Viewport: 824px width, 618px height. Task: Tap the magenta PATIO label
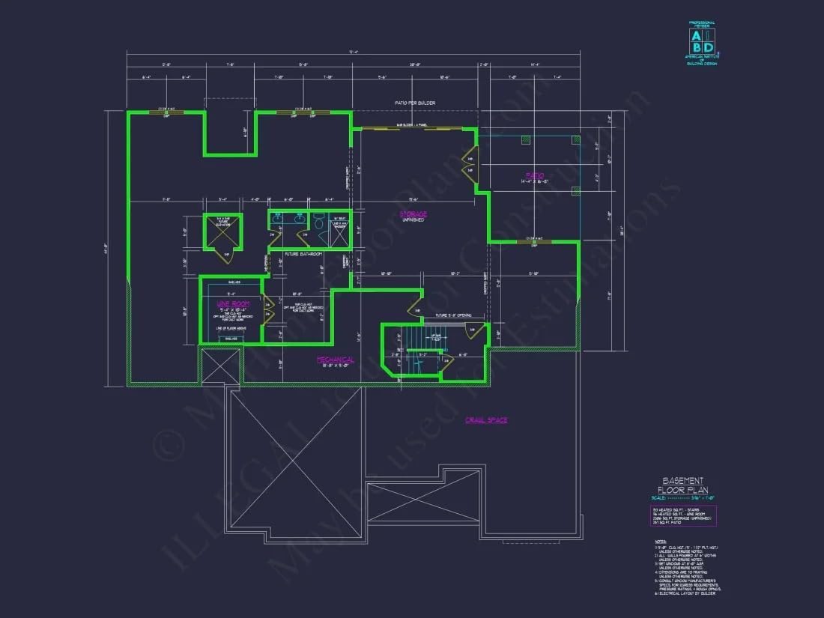[x=534, y=176]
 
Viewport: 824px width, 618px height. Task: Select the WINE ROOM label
[x=232, y=304]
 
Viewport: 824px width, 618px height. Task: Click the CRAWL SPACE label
[x=486, y=420]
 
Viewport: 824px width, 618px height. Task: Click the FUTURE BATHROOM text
[x=303, y=254]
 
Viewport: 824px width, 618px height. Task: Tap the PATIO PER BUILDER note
[x=415, y=103]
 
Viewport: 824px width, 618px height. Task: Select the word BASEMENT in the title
[x=682, y=480]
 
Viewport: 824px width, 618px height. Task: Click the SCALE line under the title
[x=682, y=498]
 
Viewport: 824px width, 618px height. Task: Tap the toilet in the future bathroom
[x=318, y=222]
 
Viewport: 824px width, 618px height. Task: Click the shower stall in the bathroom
[x=340, y=231]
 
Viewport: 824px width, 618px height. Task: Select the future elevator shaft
[x=222, y=232]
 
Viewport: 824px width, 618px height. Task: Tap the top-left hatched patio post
[x=526, y=140]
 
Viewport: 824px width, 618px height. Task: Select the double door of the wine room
[x=267, y=309]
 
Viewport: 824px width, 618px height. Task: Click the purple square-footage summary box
[x=684, y=516]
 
